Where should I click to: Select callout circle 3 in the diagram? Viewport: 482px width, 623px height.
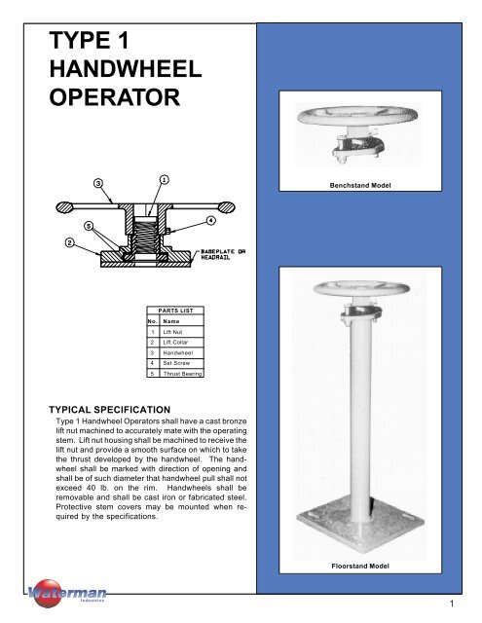pos(98,183)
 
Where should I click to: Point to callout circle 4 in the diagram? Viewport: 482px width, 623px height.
pos(211,221)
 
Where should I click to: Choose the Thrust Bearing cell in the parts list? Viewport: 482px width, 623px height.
pos(181,373)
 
